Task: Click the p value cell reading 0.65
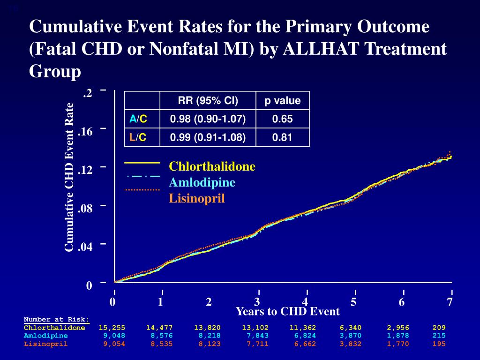[282, 119]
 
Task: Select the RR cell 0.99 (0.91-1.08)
[208, 137]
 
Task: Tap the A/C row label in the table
[138, 119]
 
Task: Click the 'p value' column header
[282, 101]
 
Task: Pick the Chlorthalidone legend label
[212, 166]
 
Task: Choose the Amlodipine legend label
[202, 182]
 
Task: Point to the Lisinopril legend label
[197, 199]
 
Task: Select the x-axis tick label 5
[353, 302]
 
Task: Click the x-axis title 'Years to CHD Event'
[287, 312]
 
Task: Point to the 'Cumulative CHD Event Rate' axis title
[69, 177]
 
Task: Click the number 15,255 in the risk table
[112, 328]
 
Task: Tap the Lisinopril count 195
[439, 344]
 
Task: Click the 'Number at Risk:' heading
[56, 320]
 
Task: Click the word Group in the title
[55, 71]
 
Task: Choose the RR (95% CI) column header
[208, 101]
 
